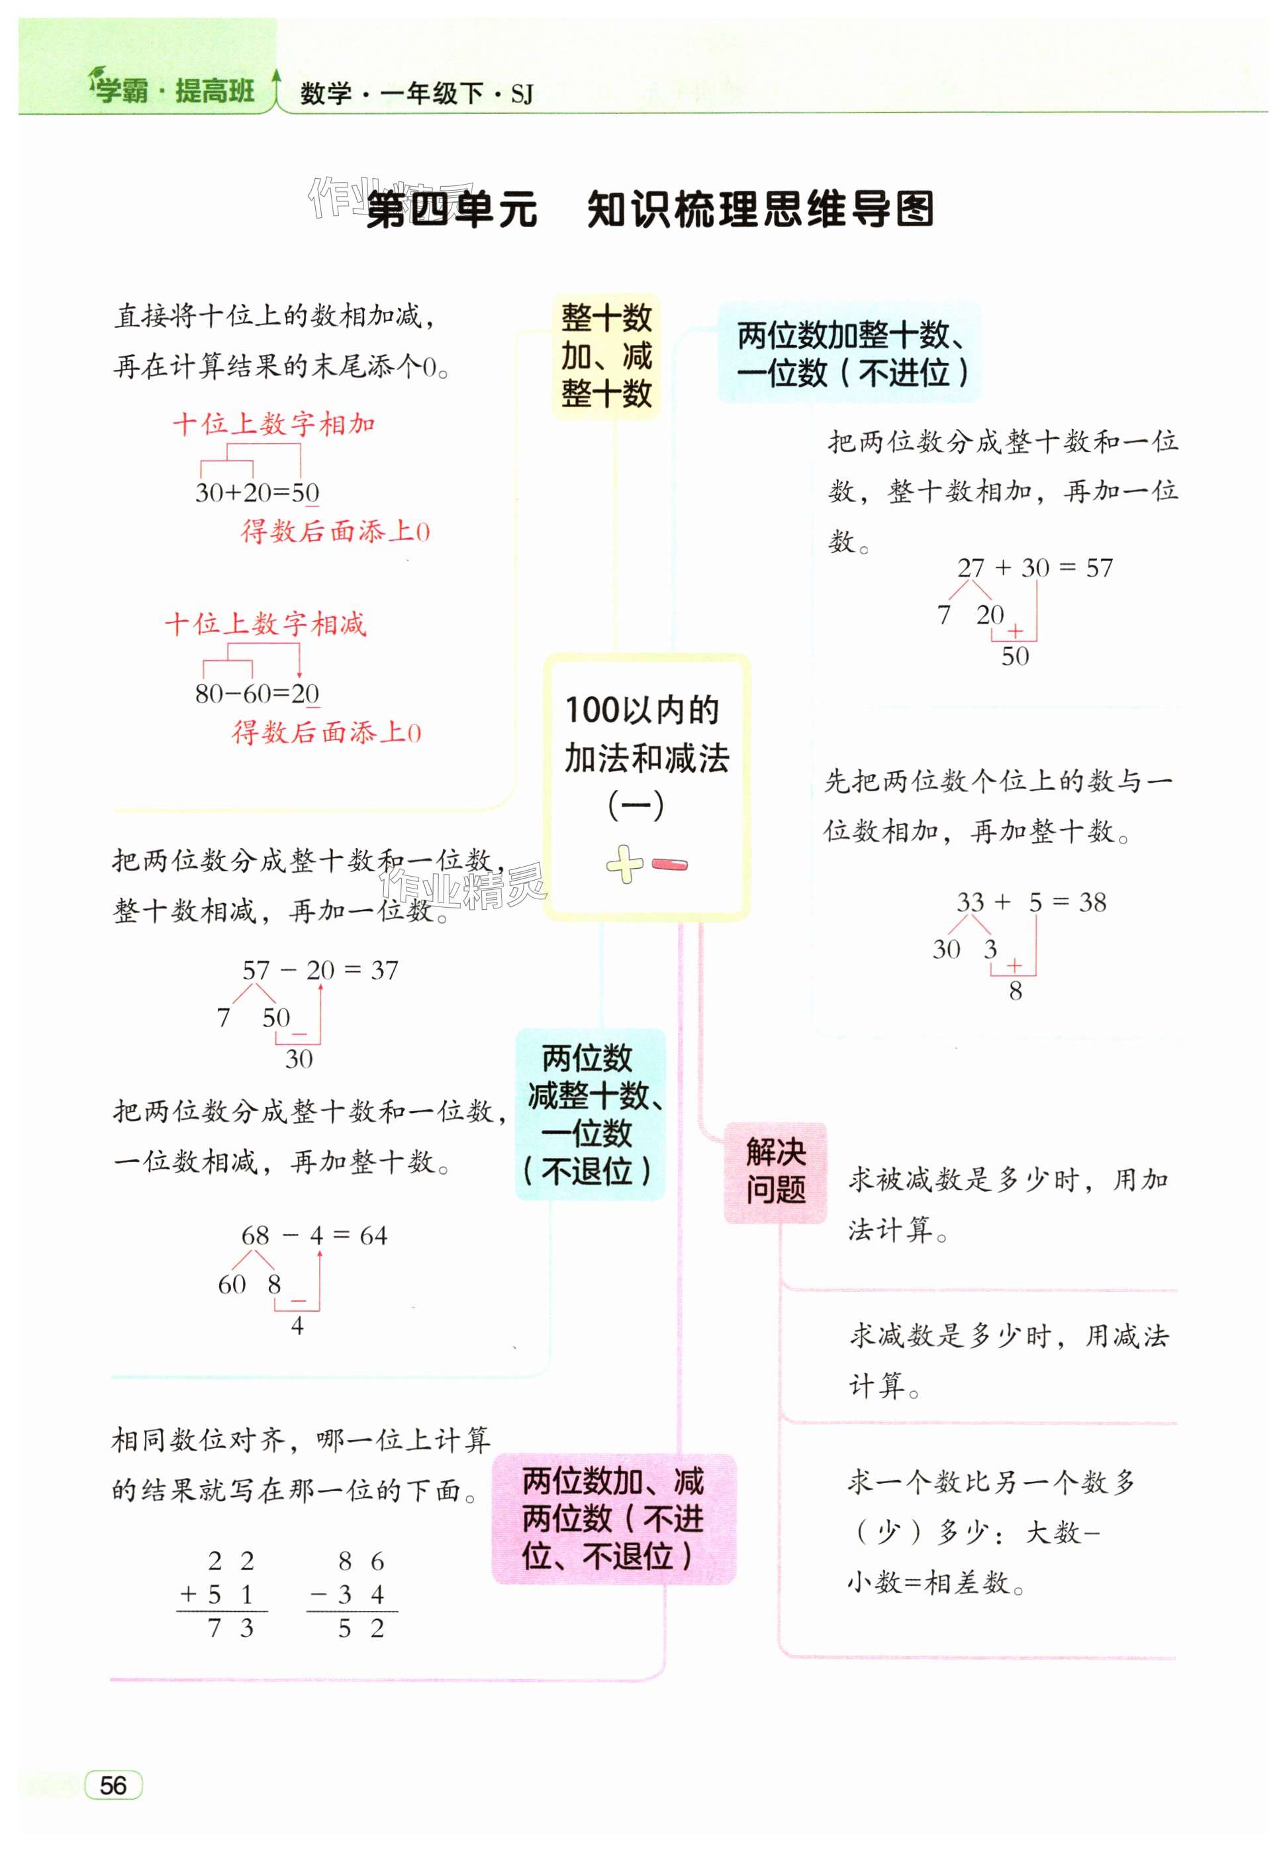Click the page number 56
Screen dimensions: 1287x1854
(113, 1784)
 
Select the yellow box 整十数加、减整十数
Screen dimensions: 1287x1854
(606, 356)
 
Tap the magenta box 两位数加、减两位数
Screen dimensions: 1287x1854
(614, 1518)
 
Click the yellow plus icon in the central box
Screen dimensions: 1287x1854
(624, 865)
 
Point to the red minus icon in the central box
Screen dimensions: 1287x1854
(669, 865)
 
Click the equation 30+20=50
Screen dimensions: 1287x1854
(258, 492)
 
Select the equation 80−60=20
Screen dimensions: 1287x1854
(258, 693)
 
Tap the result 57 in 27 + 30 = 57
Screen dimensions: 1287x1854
(1099, 569)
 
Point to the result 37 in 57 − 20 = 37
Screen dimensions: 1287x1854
(385, 970)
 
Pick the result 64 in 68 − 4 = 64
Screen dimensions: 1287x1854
(373, 1236)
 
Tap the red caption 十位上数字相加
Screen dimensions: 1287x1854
(274, 424)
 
